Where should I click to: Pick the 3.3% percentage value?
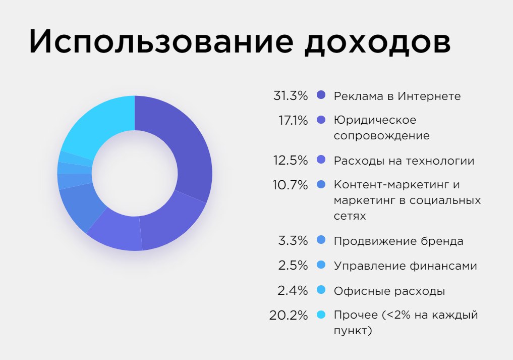pos(293,241)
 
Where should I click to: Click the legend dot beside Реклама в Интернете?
pos(321,95)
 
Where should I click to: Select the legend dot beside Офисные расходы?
pos(321,290)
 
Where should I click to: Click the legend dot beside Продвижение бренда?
pos(321,240)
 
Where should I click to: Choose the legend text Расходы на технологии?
pos(404,161)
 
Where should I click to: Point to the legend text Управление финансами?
pos(405,266)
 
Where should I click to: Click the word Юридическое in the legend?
pos(375,121)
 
